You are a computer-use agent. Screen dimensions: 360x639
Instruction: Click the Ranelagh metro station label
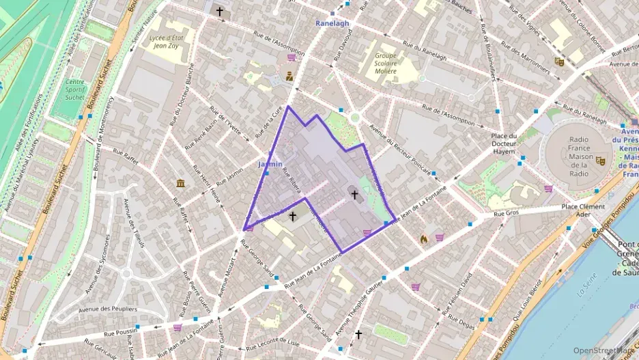[x=332, y=23]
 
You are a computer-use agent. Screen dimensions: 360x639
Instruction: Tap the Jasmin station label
[x=270, y=165]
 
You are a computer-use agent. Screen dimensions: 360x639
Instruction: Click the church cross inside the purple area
[x=354, y=195]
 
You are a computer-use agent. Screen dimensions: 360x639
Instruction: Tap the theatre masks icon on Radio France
[x=600, y=161]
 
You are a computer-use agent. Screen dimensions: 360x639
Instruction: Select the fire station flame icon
[x=423, y=239]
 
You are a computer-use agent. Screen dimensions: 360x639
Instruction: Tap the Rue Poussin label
[x=120, y=333]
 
